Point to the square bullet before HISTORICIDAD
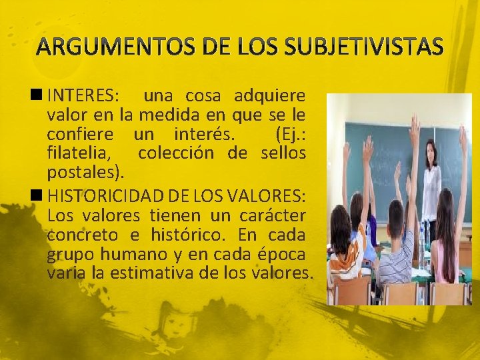pyautogui.click(x=41, y=196)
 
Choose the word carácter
pyautogui.click(x=273, y=215)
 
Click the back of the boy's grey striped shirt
pyautogui.click(x=396, y=256)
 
